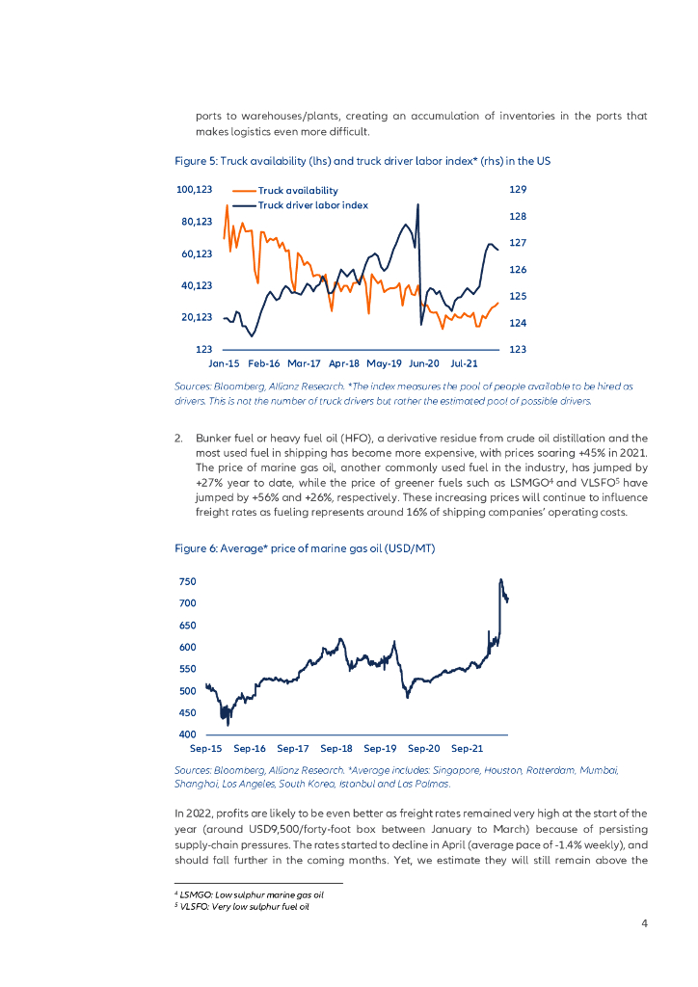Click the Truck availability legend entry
pos(298,191)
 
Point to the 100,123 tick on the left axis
pos(194,190)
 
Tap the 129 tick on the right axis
pos(517,190)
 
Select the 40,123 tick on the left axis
pos(196,285)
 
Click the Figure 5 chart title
pos(362,159)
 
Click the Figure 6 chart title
pos(305,548)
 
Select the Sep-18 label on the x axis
pos(336,748)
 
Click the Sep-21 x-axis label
pos(468,748)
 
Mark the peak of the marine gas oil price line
pos(500,580)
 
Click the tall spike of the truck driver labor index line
pos(417,204)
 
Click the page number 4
pos(644,924)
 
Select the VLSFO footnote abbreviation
pos(193,906)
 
